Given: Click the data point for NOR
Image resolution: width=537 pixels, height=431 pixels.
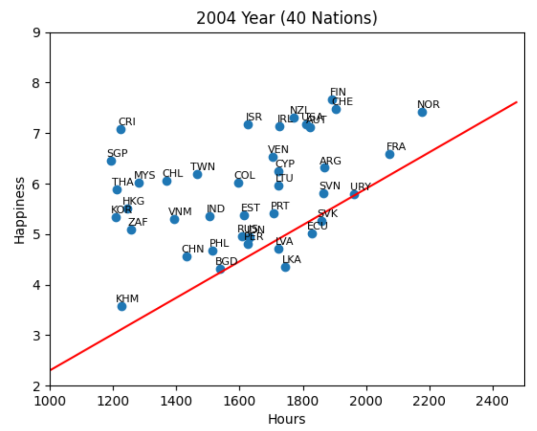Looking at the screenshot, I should coord(422,112).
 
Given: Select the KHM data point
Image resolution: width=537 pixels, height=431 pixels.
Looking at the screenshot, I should coord(122,306).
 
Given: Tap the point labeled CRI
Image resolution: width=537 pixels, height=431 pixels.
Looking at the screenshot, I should coord(121,129).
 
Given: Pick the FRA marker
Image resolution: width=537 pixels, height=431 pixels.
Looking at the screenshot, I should coord(390,154).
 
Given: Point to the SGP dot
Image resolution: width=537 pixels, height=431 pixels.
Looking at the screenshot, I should coord(112,161).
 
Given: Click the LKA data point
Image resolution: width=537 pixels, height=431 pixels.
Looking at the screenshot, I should coord(285,267).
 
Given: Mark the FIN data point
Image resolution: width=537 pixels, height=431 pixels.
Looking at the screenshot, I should coord(332,100).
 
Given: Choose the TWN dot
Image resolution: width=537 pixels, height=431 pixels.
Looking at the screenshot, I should coord(197,175).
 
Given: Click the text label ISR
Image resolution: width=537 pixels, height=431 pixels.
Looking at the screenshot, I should coord(254,117).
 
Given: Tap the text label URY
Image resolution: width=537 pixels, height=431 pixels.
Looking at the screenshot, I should coord(361,187).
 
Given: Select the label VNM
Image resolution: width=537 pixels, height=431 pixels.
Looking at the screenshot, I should coord(180,211).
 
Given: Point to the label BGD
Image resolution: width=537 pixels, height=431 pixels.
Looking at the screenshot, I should coord(226,261).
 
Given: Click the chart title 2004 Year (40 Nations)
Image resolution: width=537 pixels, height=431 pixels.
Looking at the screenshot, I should coord(287,18).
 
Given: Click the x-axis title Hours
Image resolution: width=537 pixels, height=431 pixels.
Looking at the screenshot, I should coord(287,419).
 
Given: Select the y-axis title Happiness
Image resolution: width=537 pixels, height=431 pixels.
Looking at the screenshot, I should coord(19,210).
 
